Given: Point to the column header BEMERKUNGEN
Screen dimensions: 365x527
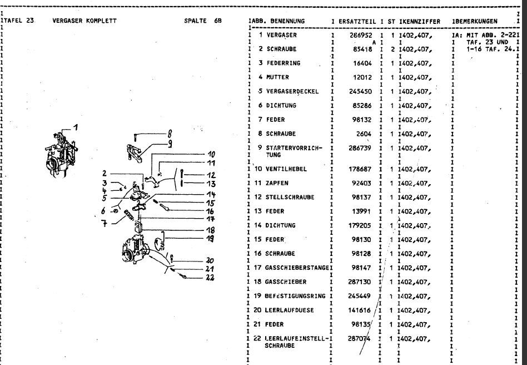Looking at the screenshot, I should pyautogui.click(x=476, y=22).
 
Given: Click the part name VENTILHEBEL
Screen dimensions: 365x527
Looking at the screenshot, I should pyautogui.click(x=287, y=169).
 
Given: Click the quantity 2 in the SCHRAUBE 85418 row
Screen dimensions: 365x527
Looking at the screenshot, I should pyautogui.click(x=392, y=49).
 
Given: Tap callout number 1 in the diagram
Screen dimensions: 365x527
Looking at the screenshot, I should pyautogui.click(x=76, y=126).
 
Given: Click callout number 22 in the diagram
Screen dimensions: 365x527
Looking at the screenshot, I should pyautogui.click(x=210, y=278).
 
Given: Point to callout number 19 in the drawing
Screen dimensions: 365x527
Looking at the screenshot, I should pyautogui.click(x=210, y=239).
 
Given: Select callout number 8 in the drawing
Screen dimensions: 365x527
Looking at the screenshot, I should pyautogui.click(x=170, y=134).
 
